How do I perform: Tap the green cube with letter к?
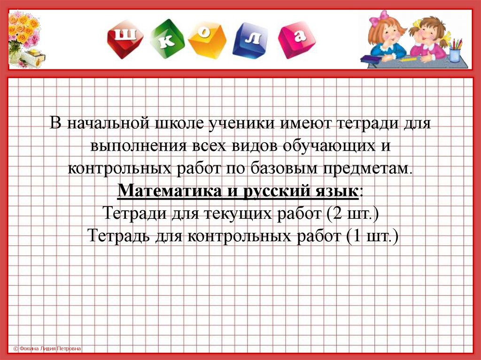click(x=167, y=38)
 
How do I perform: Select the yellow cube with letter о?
click(x=207, y=40)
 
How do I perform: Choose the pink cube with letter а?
click(x=296, y=40)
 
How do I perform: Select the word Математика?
click(x=170, y=191)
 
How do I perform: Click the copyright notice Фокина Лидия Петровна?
click(x=47, y=348)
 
